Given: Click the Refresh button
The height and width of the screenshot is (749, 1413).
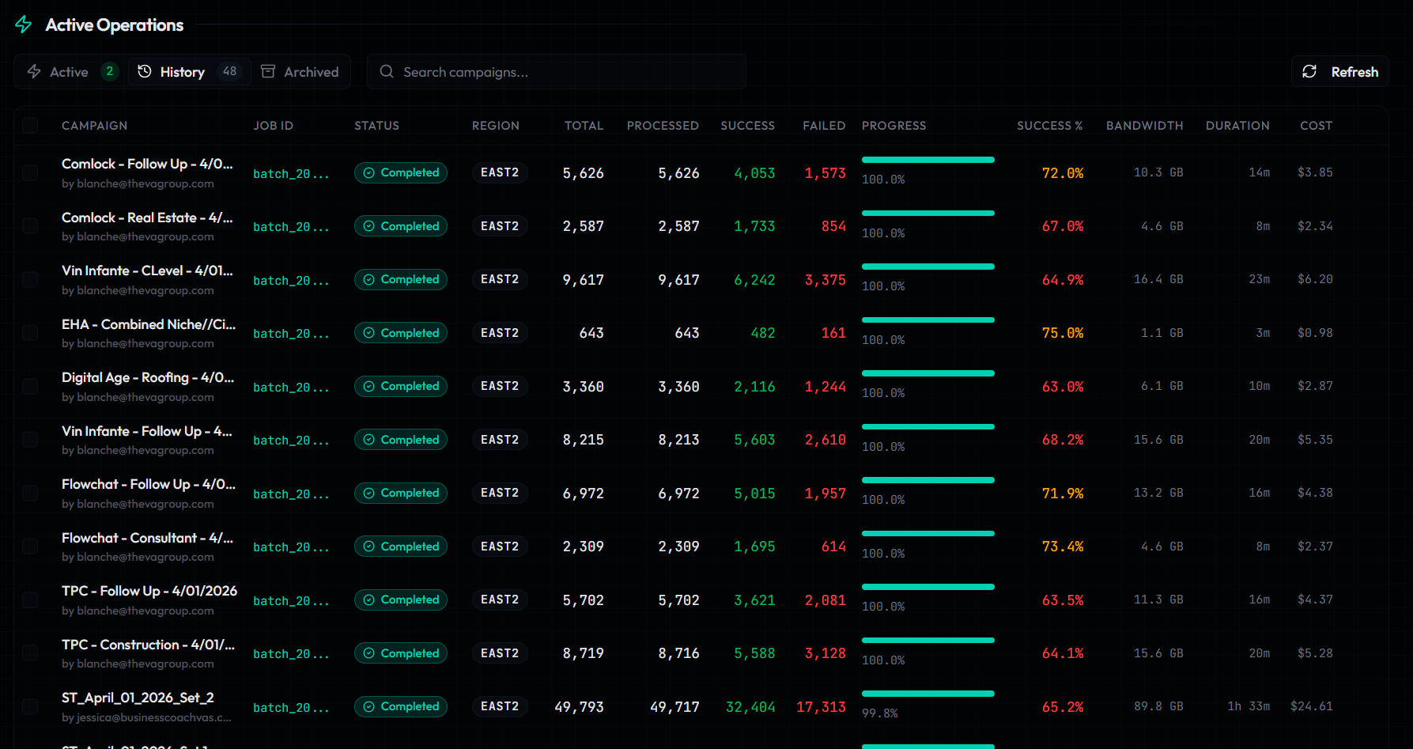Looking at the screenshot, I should pos(1339,72).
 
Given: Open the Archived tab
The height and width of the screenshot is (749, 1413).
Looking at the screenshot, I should pos(300,72).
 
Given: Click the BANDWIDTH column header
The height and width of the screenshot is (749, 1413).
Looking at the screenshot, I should pos(1144,126).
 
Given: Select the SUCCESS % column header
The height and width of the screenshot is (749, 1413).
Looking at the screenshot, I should pos(1049,126).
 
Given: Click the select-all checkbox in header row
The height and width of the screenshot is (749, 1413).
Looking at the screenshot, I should pos(30,125).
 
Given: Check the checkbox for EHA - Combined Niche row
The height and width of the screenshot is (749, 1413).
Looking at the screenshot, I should pos(30,333).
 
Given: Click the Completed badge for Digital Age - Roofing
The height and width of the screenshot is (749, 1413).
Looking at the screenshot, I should pos(401,386).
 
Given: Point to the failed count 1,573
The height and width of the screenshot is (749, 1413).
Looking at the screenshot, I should pos(825,173).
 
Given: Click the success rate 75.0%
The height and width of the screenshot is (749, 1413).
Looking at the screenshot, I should pos(1062,333).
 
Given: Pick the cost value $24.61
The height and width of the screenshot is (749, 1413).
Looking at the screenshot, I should pos(1311,706).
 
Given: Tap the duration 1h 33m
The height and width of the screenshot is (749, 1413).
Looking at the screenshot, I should pos(1249,706).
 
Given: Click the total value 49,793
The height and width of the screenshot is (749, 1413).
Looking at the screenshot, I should pos(579,706).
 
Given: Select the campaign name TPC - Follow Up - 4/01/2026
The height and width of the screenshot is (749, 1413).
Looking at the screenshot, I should pos(149,591).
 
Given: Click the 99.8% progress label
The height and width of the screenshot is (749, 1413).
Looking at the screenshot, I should pos(879,713).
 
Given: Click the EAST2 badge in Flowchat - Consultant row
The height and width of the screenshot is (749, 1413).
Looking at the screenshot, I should pos(500,547).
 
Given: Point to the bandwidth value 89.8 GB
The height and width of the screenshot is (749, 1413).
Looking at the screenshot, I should pos(1158,706).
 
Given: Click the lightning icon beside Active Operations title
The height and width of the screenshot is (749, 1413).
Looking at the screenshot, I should pos(24,25).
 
